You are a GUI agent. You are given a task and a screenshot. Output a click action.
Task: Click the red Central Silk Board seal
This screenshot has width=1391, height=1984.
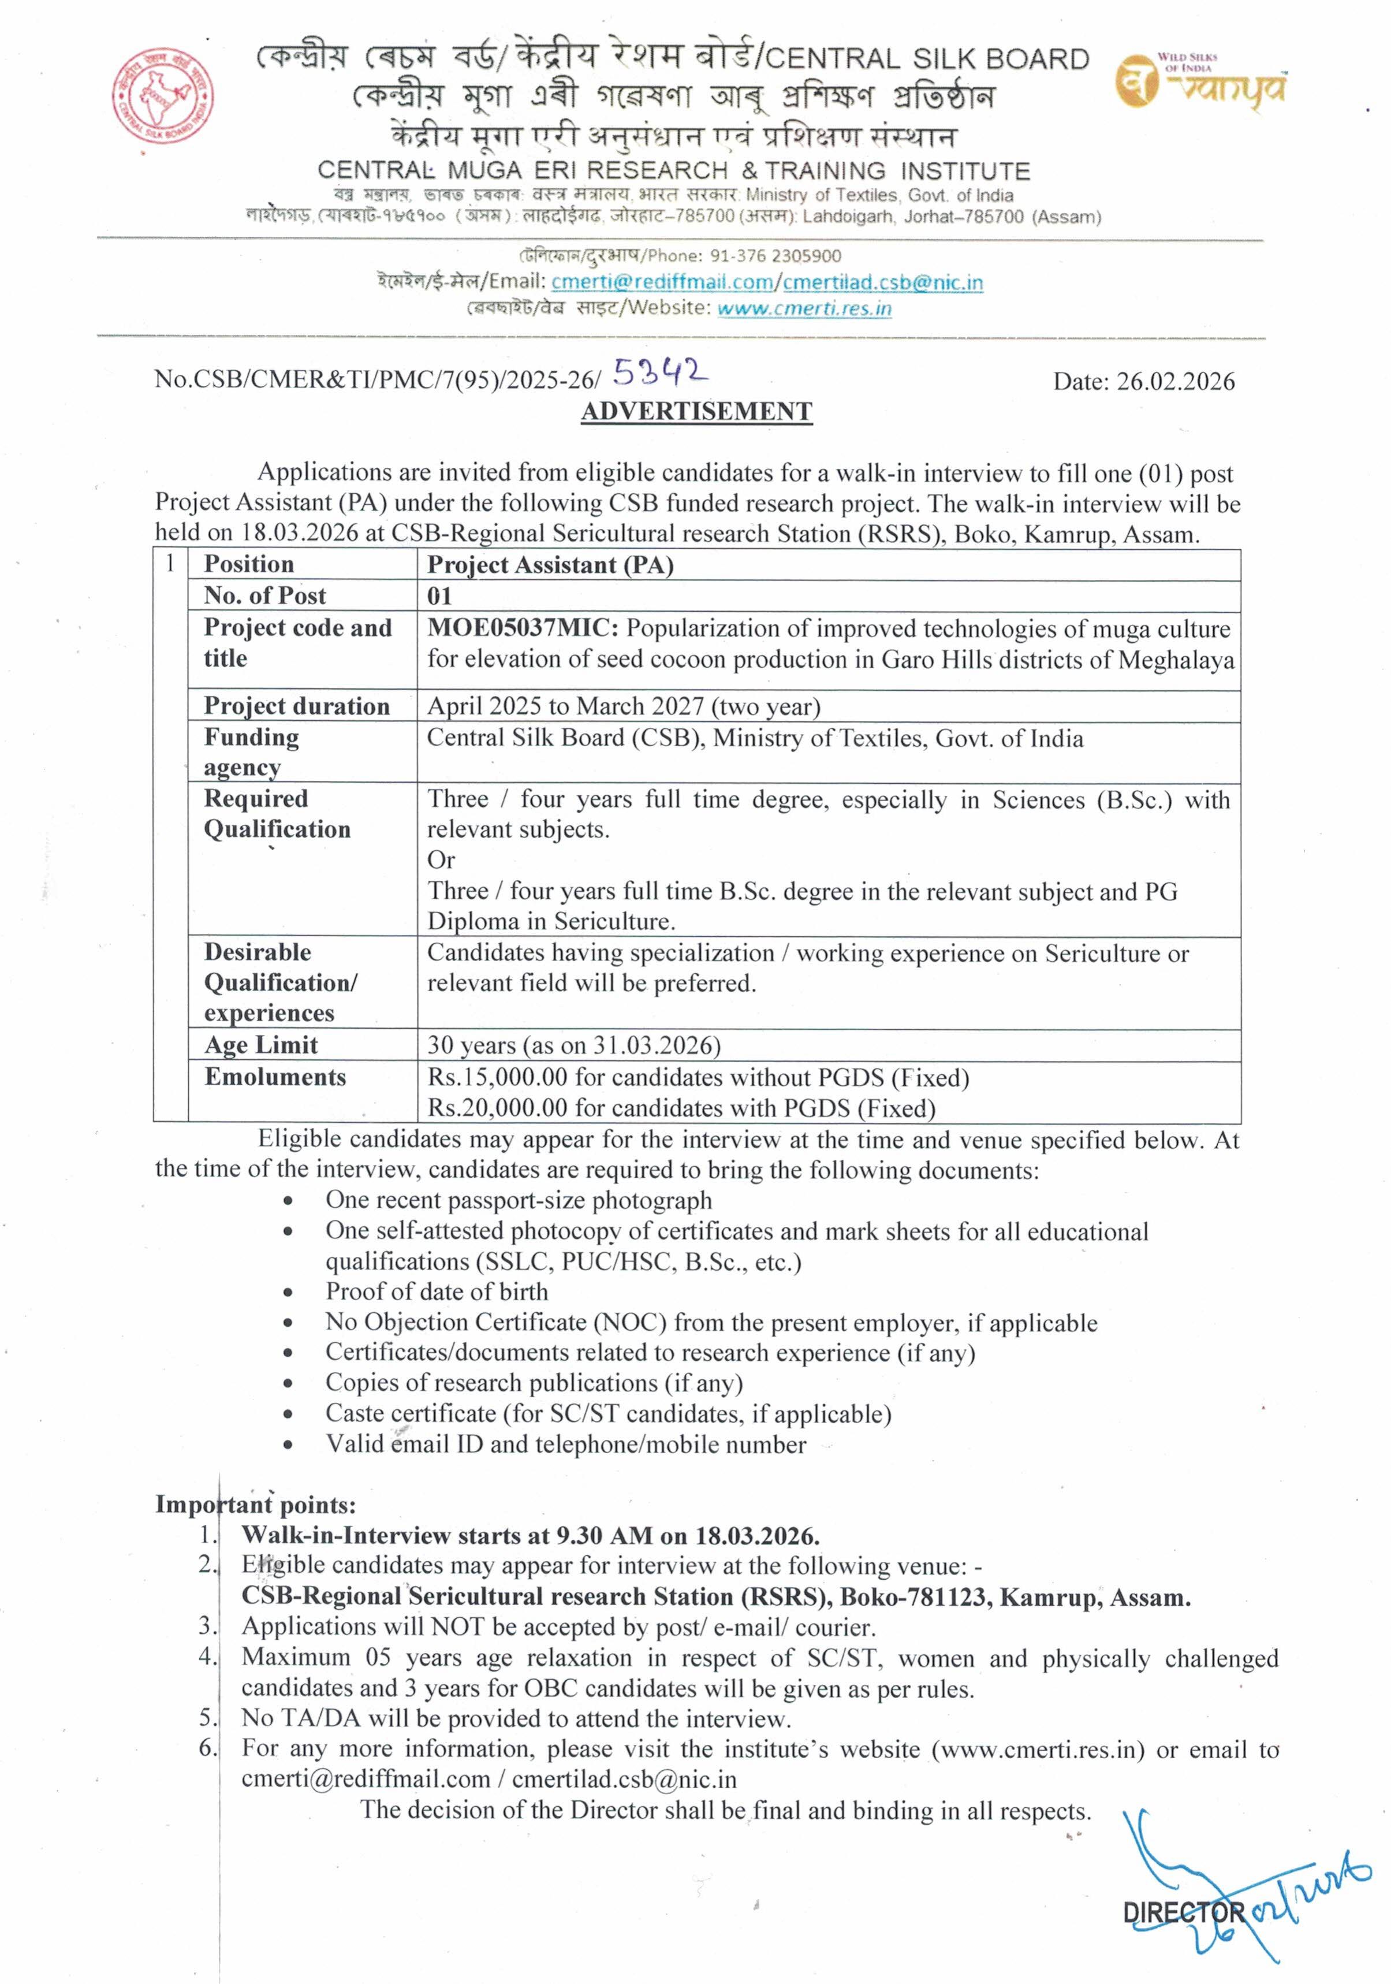click(x=162, y=98)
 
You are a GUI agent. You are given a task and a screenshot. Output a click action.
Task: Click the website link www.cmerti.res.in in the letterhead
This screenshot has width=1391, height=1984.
click(x=804, y=308)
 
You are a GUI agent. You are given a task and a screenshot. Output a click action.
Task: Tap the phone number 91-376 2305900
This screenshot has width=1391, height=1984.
click(x=775, y=256)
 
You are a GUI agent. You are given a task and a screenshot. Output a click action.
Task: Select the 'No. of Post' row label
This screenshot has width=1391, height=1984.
click(x=264, y=595)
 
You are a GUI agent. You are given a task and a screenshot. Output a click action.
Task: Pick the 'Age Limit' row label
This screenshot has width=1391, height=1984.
click(x=261, y=1045)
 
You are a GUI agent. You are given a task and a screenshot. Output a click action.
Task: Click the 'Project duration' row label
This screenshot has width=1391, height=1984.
click(x=296, y=706)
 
